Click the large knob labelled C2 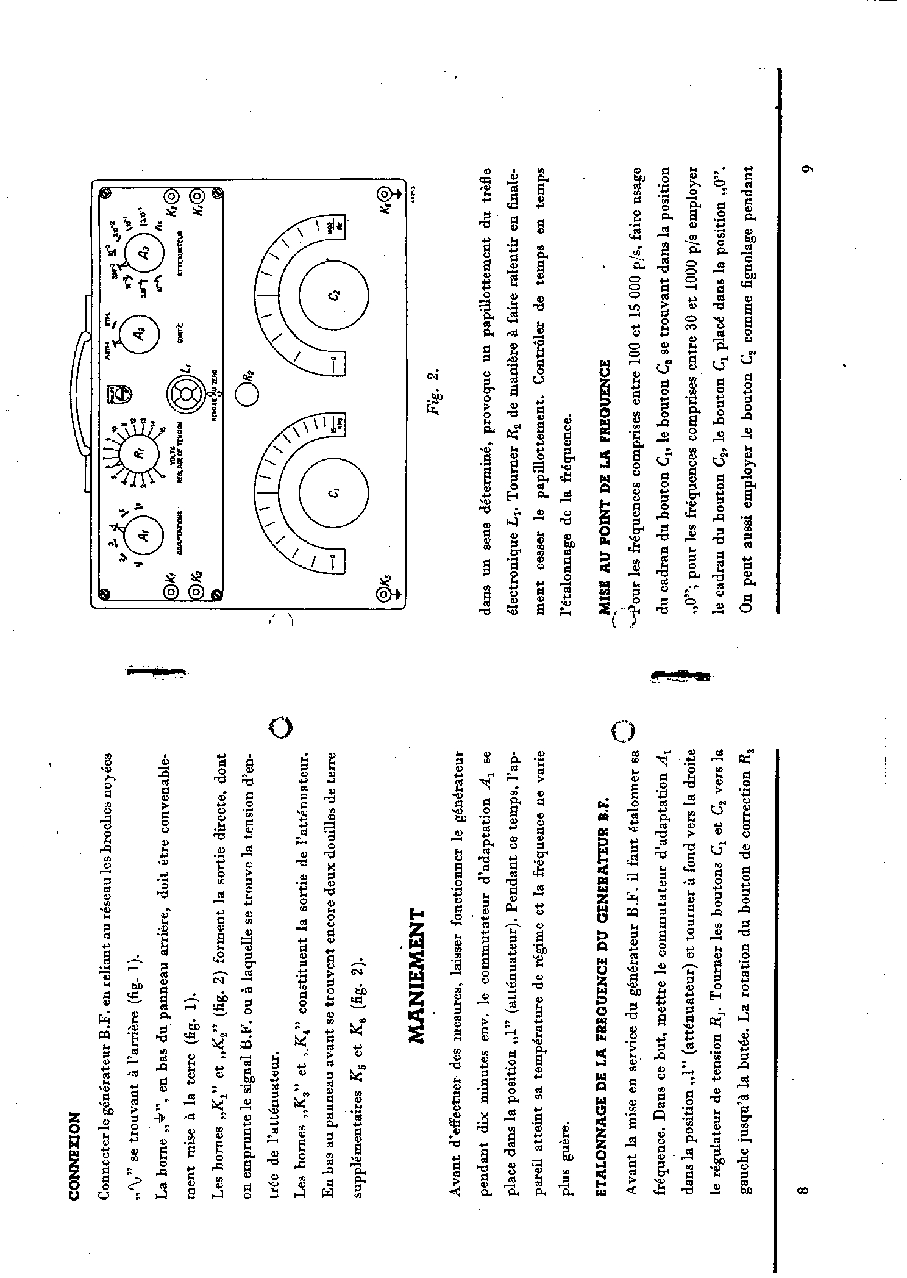point(334,295)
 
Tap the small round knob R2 point(246,393)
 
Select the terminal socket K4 point(197,196)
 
